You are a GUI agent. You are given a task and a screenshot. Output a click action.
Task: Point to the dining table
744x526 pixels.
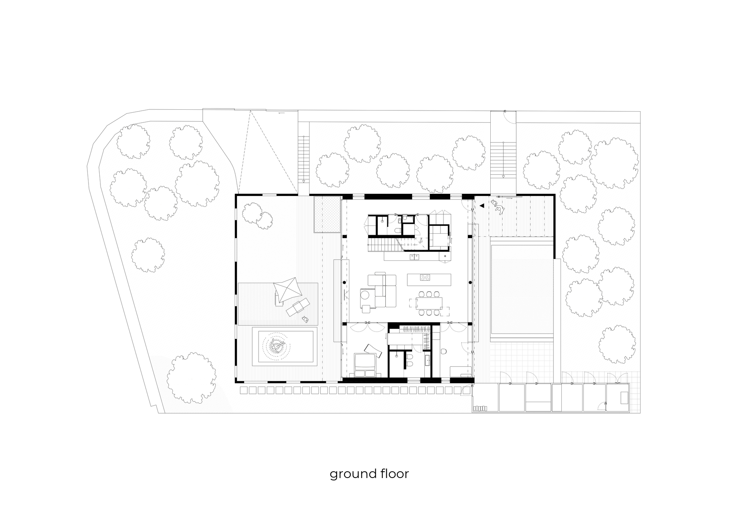(429, 303)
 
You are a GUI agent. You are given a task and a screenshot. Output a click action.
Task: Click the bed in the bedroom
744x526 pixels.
(365, 366)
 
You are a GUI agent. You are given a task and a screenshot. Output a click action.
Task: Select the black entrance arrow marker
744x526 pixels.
(482, 205)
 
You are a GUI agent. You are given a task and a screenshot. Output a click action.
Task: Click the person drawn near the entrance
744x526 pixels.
(498, 207)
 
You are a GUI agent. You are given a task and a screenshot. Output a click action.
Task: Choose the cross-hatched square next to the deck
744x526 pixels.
(327, 215)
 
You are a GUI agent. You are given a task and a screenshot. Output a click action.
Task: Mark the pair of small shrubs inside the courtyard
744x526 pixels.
(257, 215)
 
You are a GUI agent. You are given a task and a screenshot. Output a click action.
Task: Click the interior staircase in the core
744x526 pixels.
(383, 246)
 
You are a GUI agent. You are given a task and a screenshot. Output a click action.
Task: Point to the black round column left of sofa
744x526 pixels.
(344, 283)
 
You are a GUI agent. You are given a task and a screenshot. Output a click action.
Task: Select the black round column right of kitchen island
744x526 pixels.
(470, 283)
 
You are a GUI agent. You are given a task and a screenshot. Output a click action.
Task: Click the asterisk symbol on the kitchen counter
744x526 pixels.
(445, 256)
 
